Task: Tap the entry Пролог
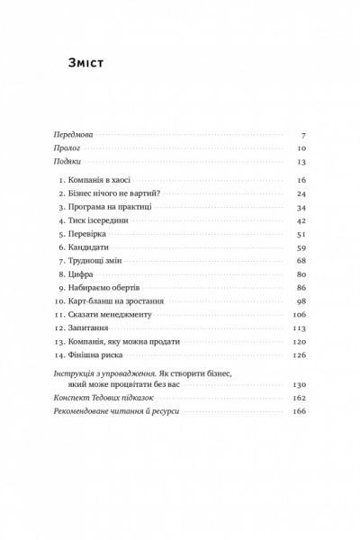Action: point(66,148)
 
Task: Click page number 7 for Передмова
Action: point(304,132)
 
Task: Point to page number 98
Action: point(301,300)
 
